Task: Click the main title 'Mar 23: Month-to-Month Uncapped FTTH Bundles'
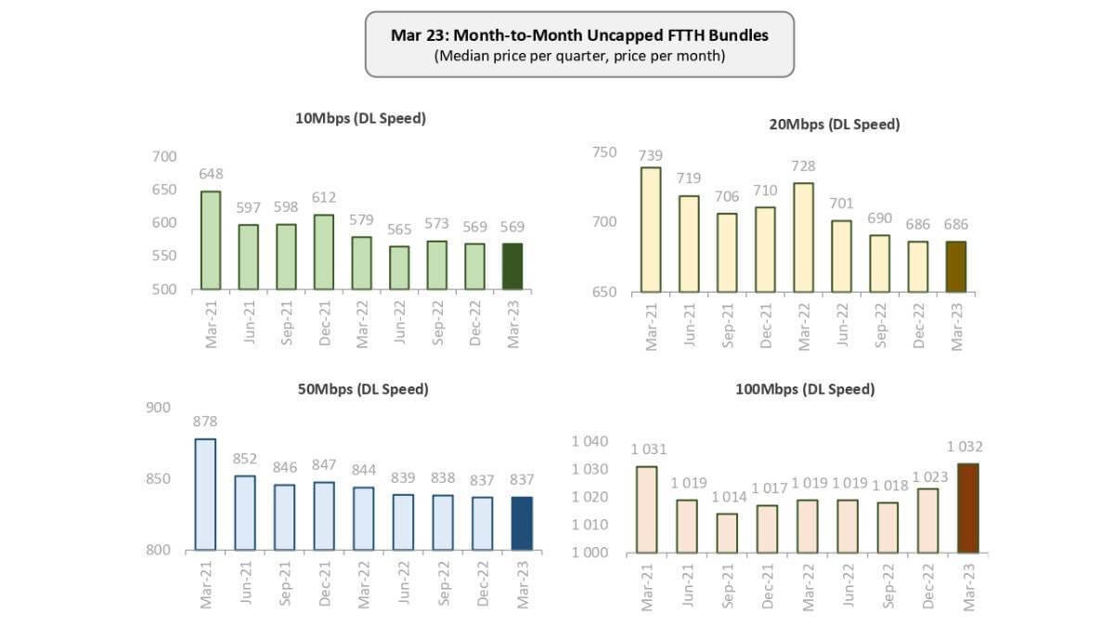pyautogui.click(x=579, y=35)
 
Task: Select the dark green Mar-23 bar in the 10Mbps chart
pyautogui.click(x=512, y=267)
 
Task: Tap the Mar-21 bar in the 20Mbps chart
pyautogui.click(x=650, y=229)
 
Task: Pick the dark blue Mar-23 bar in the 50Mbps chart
pyautogui.click(x=523, y=523)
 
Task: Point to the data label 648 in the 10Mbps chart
pyautogui.click(x=211, y=175)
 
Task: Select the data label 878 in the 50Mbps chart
pyautogui.click(x=205, y=422)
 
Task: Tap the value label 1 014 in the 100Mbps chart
pyautogui.click(x=728, y=497)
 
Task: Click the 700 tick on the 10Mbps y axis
pyautogui.click(x=163, y=157)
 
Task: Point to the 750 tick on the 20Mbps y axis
pyautogui.click(x=603, y=152)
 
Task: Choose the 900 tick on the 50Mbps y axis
pyautogui.click(x=159, y=408)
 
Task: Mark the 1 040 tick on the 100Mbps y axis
pyautogui.click(x=589, y=442)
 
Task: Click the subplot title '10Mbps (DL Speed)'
pyautogui.click(x=361, y=118)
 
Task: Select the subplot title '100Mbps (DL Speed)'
pyautogui.click(x=805, y=389)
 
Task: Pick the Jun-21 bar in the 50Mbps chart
pyautogui.click(x=244, y=513)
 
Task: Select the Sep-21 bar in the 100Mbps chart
pyautogui.click(x=728, y=533)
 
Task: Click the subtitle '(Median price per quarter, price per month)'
pyautogui.click(x=579, y=56)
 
